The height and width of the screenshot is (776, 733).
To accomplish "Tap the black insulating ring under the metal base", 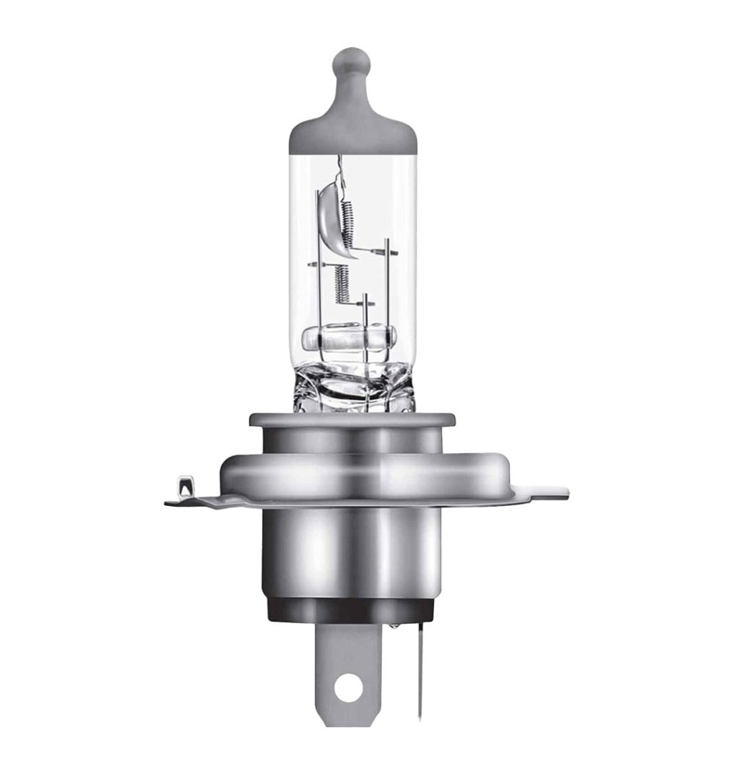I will point(354,608).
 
